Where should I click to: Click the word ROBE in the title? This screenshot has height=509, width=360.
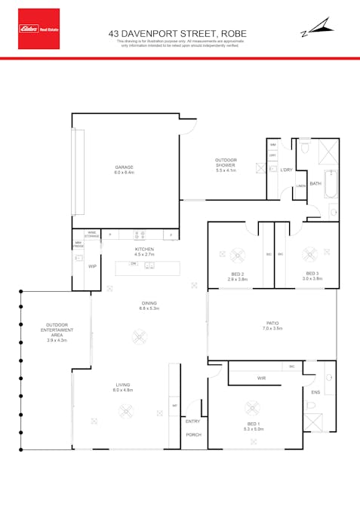(x=231, y=33)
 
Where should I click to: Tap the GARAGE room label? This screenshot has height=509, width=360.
(x=124, y=167)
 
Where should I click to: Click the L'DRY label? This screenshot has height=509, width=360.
(x=286, y=170)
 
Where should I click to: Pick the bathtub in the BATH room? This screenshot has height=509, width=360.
(x=331, y=183)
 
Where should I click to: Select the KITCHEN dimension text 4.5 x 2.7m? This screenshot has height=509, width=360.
(x=144, y=255)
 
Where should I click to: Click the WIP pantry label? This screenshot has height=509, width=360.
(x=92, y=266)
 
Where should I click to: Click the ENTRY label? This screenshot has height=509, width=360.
(x=193, y=421)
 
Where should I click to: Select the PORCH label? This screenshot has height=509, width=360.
(x=193, y=435)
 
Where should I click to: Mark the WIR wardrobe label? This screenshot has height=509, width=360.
(x=261, y=378)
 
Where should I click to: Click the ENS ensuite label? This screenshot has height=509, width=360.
(x=315, y=393)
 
